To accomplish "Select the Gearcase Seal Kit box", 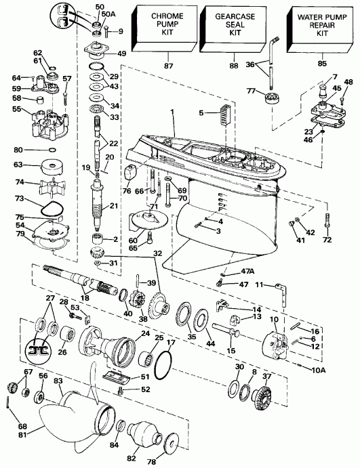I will pyautogui.click(x=230, y=26).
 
